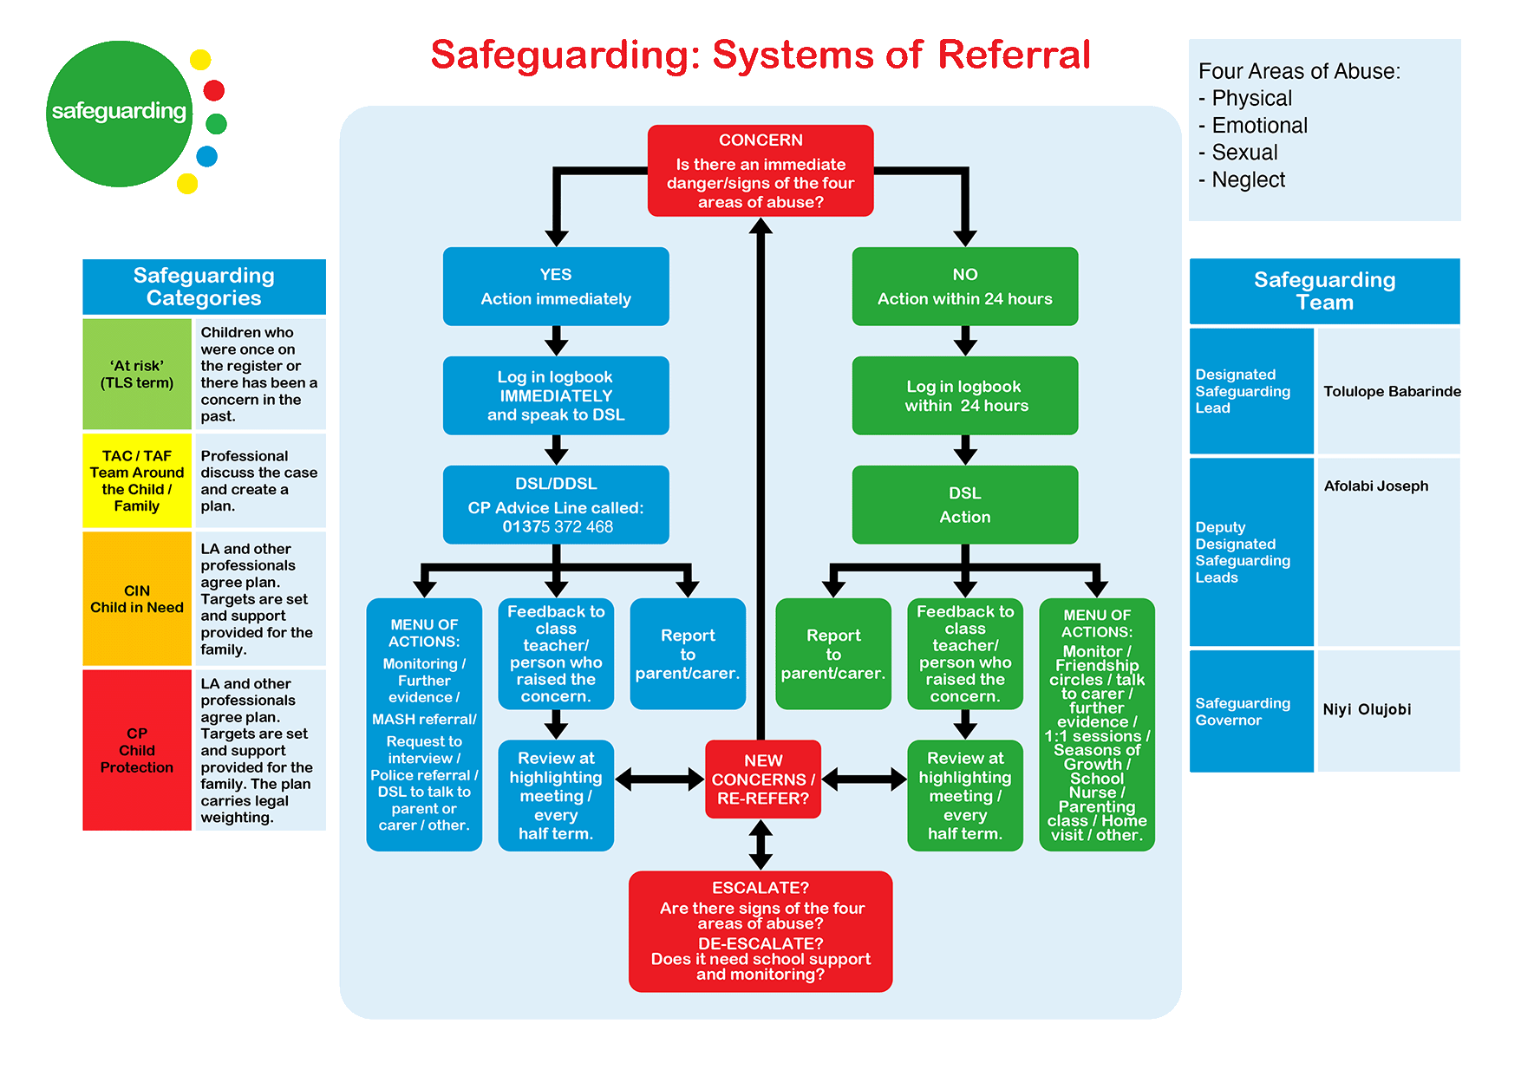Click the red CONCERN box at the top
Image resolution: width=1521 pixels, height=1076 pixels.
(x=760, y=171)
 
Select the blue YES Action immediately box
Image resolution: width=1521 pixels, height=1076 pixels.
(x=556, y=287)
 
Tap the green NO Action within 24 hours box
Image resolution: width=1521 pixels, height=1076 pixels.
(x=964, y=287)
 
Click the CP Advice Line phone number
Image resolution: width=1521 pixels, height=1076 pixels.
(x=558, y=527)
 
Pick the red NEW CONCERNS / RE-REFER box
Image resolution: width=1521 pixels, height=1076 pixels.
(x=763, y=779)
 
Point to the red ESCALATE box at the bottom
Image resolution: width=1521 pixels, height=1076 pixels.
(x=760, y=931)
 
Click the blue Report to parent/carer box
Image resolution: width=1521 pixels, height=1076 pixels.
(x=688, y=655)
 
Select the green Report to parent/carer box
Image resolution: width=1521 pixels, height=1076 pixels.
(x=833, y=655)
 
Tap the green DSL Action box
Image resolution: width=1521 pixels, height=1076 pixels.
(x=964, y=505)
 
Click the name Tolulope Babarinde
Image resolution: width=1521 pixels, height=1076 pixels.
(x=1391, y=392)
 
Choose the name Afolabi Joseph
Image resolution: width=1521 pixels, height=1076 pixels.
(x=1375, y=486)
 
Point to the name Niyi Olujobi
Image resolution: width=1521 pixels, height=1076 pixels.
(x=1367, y=710)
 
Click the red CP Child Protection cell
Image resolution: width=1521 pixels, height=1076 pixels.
(x=137, y=750)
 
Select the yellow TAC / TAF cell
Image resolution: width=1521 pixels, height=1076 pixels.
(x=137, y=481)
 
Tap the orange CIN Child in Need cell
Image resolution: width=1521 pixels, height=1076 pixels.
(x=137, y=599)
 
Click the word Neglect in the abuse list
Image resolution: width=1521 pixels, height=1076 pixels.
(x=1248, y=180)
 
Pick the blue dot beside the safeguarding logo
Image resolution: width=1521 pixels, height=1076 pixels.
(x=206, y=157)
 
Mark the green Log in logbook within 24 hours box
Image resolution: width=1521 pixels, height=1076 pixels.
(x=964, y=396)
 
